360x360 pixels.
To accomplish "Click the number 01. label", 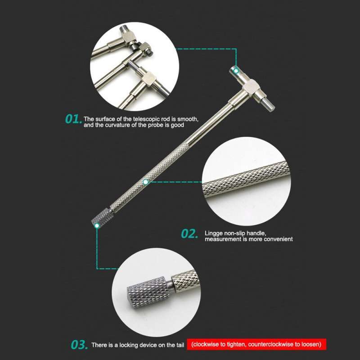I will (x=73, y=119).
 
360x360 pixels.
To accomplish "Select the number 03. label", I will (x=79, y=345).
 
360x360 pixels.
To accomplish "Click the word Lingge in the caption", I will (x=213, y=233).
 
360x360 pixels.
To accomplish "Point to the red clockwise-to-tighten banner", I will (x=256, y=345).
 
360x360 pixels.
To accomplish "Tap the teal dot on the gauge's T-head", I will (x=235, y=70).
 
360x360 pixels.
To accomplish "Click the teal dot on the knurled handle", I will (x=145, y=182).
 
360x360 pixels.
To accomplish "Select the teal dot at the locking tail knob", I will (x=96, y=226).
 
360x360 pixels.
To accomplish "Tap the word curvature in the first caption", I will (x=121, y=125).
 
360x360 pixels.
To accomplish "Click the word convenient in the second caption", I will (x=278, y=239).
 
